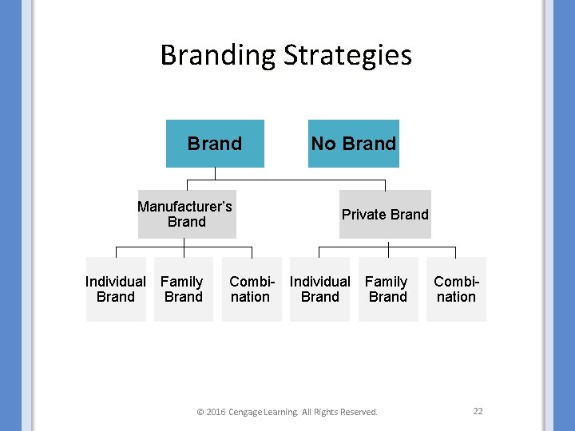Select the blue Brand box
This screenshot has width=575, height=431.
(215, 144)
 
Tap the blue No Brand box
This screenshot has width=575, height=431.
(354, 144)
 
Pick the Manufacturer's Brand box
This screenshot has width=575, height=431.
(186, 214)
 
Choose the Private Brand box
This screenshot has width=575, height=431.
(385, 214)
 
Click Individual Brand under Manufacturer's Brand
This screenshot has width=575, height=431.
(116, 289)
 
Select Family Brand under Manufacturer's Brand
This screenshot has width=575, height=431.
(183, 289)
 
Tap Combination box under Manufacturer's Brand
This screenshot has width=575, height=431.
(252, 289)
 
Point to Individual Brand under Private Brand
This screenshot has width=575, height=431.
(319, 289)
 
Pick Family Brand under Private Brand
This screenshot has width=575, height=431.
(387, 289)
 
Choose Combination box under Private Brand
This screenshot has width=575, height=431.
(456, 289)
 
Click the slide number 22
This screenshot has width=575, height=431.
(478, 411)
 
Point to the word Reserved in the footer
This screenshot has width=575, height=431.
(359, 412)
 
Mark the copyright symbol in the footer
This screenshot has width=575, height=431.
(200, 412)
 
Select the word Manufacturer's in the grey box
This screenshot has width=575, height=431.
(184, 207)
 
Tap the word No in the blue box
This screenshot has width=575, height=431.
(323, 144)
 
